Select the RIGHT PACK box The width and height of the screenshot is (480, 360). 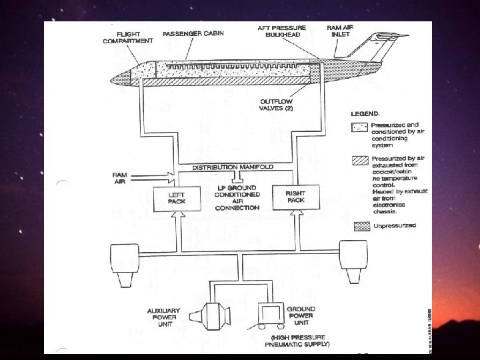(295, 196)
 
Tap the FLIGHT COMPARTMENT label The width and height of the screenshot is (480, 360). (127, 37)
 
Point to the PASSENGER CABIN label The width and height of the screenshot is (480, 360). (193, 33)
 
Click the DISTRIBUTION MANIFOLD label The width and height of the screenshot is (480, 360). (233, 167)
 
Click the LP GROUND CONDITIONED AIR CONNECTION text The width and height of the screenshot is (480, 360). (237, 197)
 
